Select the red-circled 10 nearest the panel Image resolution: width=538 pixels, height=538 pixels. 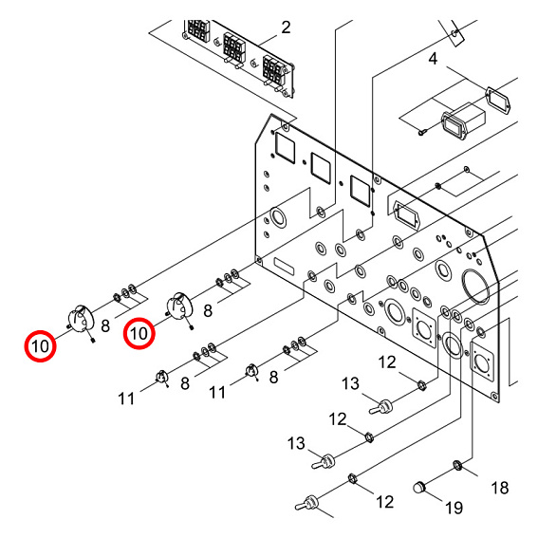coord(139,332)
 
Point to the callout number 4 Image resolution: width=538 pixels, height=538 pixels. coord(433,60)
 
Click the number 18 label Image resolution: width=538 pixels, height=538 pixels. coord(499,488)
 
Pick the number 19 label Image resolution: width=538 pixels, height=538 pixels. coord(454,508)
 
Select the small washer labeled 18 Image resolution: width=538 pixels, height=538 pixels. coord(458,465)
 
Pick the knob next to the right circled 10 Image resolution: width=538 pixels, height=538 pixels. coord(178,306)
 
